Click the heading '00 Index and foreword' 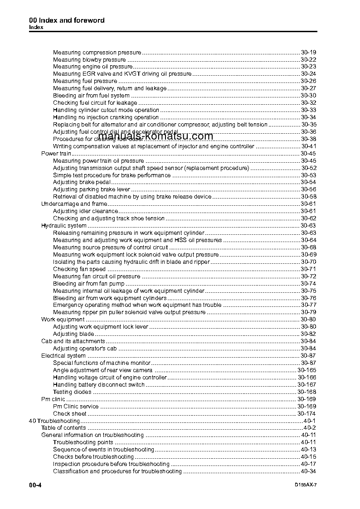pos(67,20)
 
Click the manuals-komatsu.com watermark pos(155,136)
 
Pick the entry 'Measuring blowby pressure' pos(89,59)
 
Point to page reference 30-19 pos(308,52)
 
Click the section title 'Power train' pos(56,153)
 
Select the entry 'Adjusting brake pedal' pos(78,182)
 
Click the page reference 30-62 pos(308,218)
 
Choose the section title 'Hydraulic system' pos(64,225)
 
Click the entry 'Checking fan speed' pos(79,269)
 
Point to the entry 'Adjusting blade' pos(73,334)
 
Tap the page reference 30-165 pos(306,370)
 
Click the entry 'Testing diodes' pos(72,392)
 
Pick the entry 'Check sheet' pos(69,414)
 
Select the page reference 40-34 pos(308,471)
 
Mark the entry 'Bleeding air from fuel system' pos(91,96)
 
